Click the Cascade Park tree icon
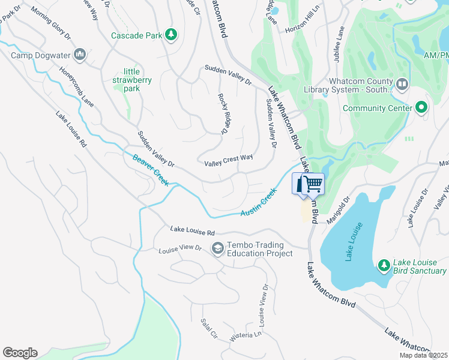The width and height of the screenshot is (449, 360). (171, 35)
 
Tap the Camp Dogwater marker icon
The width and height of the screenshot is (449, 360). (80, 56)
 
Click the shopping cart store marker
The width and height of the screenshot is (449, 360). (309, 184)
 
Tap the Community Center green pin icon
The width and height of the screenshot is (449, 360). (421, 108)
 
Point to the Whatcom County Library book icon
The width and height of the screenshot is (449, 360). (402, 83)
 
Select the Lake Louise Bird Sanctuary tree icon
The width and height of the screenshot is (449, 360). (384, 265)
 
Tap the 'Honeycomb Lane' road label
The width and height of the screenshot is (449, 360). (76, 86)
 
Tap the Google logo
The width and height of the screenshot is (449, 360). (20, 353)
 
